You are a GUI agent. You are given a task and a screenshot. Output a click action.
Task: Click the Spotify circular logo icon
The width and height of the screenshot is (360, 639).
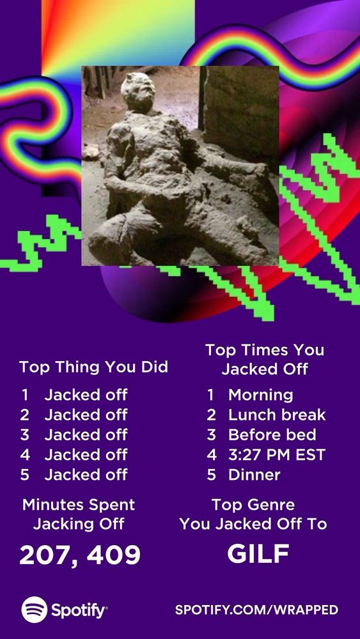(x=35, y=609)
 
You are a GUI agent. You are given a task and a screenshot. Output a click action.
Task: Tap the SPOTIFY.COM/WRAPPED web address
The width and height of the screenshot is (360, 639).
(x=256, y=610)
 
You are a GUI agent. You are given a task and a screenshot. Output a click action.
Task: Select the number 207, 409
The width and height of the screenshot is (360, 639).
(x=80, y=555)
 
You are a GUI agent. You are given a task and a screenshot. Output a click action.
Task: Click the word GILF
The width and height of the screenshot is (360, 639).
(x=258, y=553)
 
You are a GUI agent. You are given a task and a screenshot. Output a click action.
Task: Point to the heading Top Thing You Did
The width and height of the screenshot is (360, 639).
(x=93, y=367)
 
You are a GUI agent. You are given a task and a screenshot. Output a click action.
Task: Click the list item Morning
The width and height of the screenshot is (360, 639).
(x=260, y=395)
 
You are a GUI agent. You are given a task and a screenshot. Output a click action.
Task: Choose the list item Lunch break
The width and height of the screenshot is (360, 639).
(x=277, y=415)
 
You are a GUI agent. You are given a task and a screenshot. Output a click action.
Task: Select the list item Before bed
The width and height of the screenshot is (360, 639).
(x=272, y=435)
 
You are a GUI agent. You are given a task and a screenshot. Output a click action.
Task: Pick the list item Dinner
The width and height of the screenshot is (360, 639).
(x=254, y=475)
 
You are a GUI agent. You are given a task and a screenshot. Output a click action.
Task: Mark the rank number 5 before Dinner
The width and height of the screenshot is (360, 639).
(x=211, y=475)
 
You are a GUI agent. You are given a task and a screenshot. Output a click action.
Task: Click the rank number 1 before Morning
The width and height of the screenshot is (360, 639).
(x=210, y=395)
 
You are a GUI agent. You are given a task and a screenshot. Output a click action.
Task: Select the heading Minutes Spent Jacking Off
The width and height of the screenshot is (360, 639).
(x=79, y=514)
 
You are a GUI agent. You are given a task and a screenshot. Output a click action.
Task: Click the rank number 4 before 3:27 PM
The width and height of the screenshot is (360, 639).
(x=211, y=455)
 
